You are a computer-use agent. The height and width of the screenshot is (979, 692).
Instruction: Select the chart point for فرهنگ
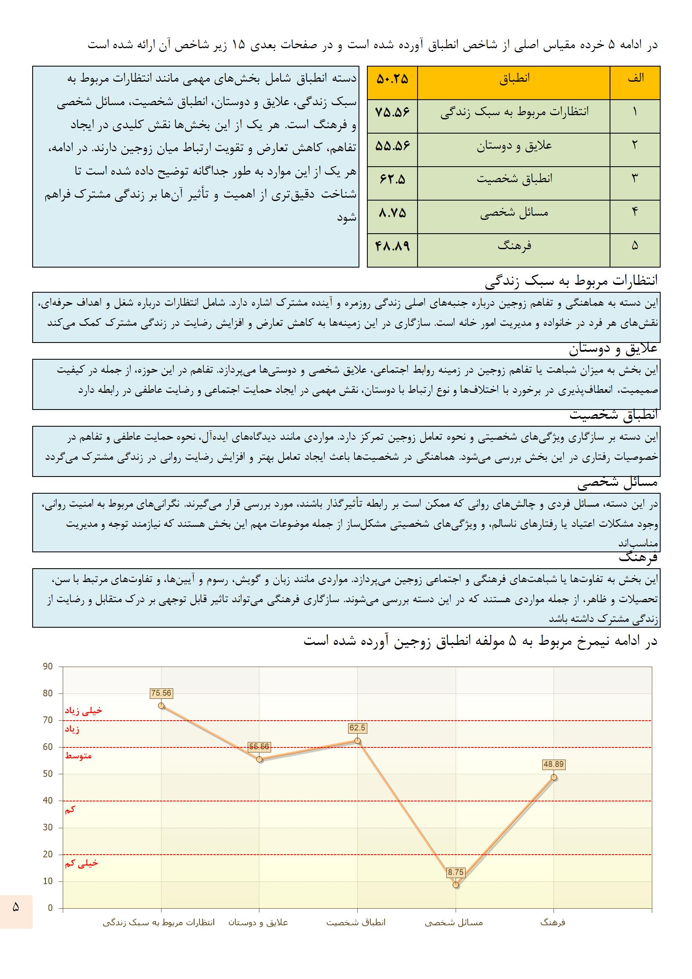[x=554, y=777]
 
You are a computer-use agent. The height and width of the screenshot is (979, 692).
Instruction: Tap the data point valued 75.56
[x=161, y=706]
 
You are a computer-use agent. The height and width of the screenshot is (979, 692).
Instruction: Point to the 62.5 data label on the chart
[x=357, y=728]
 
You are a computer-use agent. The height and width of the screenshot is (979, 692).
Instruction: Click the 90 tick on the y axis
[x=48, y=667]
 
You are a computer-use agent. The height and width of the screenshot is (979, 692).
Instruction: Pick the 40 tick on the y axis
[x=48, y=801]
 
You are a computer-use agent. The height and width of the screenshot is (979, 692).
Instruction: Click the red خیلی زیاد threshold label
[x=84, y=710]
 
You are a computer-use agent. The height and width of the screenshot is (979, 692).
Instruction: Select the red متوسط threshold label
[x=78, y=756]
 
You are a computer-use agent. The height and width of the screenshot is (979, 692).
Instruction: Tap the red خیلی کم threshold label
[x=82, y=863]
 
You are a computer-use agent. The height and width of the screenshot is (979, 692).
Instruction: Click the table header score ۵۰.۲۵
[x=392, y=79]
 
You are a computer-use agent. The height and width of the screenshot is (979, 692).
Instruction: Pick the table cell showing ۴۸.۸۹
[x=392, y=247]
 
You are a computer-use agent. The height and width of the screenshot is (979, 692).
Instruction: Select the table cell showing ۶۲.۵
[x=392, y=180]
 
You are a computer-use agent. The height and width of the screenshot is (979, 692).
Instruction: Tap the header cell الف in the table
[x=635, y=78]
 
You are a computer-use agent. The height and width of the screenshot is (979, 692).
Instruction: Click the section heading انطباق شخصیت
[x=614, y=415]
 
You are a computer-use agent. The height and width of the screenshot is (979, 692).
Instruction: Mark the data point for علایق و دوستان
[x=259, y=759]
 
